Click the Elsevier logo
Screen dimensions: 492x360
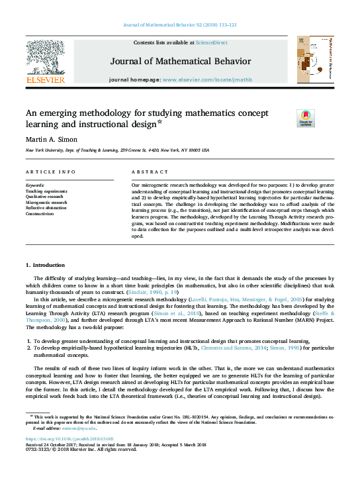45,62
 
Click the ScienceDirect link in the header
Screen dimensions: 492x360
212,42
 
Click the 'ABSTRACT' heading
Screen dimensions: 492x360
146,172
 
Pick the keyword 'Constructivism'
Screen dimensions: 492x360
41,214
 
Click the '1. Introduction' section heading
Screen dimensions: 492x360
46,265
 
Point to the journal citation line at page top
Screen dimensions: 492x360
180,25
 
